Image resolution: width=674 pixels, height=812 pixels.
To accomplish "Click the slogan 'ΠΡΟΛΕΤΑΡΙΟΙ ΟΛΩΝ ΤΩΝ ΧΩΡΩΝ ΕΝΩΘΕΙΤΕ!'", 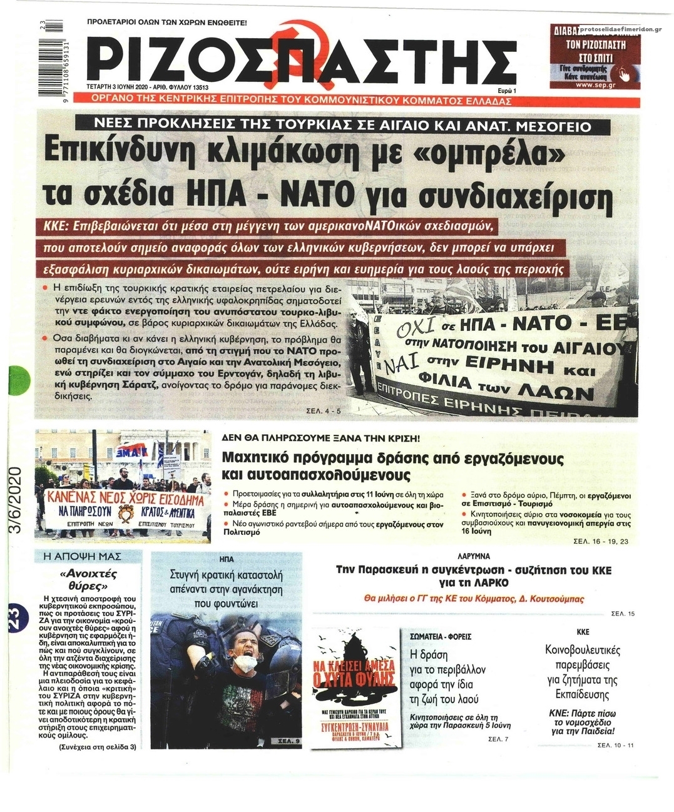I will (x=167, y=23).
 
